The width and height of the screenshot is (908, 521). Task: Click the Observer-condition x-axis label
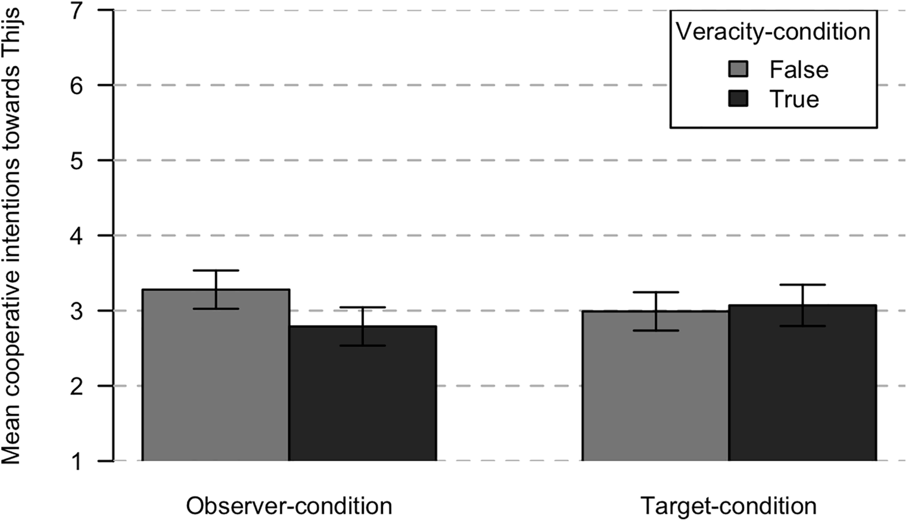click(289, 506)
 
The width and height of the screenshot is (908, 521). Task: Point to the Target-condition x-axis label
click(729, 506)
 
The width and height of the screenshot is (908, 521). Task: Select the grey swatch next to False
click(738, 70)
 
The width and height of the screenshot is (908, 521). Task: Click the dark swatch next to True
click(738, 99)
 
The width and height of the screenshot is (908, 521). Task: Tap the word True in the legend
click(794, 99)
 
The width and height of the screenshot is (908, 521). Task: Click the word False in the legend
click(799, 70)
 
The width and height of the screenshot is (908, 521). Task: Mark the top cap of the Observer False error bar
click(216, 271)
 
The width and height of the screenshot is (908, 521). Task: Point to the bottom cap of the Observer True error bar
click(363, 345)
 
